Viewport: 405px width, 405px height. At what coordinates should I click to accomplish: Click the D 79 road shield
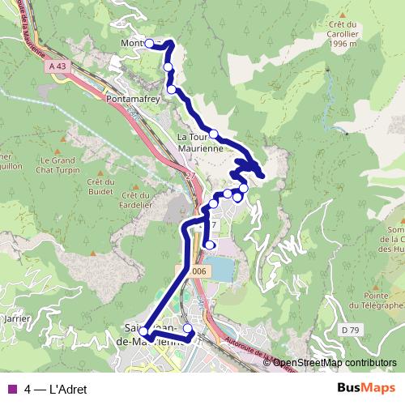coord(350,330)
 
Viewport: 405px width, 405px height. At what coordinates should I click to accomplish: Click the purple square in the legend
coord(11,389)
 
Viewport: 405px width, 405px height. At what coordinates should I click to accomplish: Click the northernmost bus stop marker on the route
coord(150,44)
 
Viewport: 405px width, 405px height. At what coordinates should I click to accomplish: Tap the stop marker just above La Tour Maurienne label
coord(213,134)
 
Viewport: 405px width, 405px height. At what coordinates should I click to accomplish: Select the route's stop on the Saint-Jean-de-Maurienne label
coord(144,332)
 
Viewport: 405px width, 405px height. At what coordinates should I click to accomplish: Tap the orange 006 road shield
coord(199,271)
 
